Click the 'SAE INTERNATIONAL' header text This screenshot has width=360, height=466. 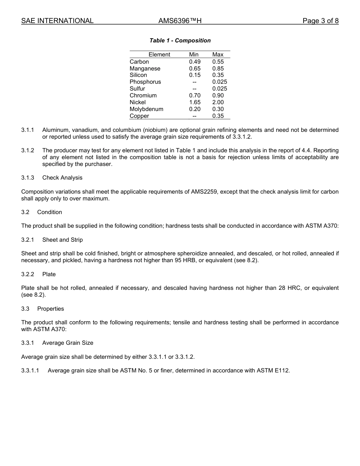(x=57, y=21)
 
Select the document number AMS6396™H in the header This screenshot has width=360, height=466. (x=180, y=21)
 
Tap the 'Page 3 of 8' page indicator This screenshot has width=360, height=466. (x=320, y=21)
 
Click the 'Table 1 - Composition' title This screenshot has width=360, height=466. (x=180, y=41)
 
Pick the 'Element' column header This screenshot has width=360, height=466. (x=159, y=55)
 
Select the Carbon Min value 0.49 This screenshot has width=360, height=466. (x=195, y=62)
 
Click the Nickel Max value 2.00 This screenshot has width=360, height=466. (x=218, y=102)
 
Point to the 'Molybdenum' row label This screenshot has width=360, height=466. (x=146, y=109)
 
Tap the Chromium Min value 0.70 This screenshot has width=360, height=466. (x=195, y=95)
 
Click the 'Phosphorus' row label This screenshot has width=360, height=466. (x=145, y=82)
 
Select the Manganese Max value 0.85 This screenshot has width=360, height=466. (x=218, y=69)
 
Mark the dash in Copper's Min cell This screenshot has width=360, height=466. (x=194, y=116)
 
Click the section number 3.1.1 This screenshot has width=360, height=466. (x=28, y=130)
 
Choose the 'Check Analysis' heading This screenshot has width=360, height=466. (x=62, y=178)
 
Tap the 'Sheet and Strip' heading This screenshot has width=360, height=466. (x=63, y=240)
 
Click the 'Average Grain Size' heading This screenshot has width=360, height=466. (x=68, y=343)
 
